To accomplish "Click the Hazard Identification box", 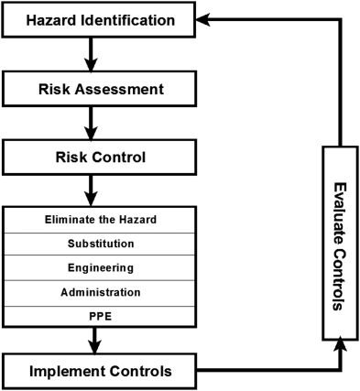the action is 99,20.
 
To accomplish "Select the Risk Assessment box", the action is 99,89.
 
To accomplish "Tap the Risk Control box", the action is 99,157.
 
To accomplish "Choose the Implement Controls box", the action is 99,371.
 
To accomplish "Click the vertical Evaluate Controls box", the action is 340,244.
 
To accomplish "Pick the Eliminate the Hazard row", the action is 99,220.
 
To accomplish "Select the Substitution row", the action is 99,244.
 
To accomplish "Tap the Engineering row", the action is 99,267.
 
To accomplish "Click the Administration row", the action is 99,292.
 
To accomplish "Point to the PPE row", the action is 99,317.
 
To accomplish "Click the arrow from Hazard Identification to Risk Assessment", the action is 91,54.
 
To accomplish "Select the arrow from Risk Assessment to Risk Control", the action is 91,123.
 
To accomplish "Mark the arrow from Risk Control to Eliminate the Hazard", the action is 91,190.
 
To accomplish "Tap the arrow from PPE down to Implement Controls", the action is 94,341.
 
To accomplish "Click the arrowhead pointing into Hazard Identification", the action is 202,20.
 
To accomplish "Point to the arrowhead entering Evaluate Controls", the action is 340,345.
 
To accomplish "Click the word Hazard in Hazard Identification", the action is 50,20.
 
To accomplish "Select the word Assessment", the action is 119,89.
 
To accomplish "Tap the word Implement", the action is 67,372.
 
